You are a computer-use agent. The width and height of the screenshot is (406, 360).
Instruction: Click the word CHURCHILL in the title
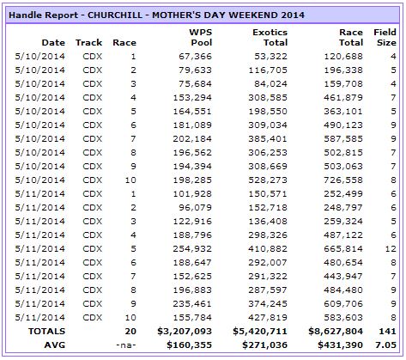115,15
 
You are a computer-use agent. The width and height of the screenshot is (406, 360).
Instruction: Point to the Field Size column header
385,38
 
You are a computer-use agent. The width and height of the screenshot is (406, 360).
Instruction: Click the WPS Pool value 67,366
196,57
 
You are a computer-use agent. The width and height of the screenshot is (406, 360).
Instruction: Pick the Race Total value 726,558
343,180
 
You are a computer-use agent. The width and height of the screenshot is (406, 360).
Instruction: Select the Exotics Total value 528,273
268,180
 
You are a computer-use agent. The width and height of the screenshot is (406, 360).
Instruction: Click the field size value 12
391,249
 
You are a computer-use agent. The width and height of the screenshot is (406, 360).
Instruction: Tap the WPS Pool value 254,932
192,249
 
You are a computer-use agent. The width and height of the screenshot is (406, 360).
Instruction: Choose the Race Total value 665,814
343,249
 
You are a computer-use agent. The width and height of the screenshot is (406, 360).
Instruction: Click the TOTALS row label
46,332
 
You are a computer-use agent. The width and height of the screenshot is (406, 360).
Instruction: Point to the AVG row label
55,345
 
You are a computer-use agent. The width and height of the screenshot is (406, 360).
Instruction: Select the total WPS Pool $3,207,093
185,332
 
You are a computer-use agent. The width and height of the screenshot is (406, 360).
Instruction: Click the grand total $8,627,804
336,332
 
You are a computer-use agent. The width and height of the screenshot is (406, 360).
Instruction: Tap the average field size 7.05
385,345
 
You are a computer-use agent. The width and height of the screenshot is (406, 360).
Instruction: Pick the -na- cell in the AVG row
126,345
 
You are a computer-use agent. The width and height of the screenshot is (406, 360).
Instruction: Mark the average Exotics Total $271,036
264,345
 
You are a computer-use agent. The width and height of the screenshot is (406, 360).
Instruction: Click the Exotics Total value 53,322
271,57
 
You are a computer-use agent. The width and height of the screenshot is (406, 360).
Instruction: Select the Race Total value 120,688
343,57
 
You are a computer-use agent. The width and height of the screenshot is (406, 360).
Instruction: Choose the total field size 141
388,332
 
